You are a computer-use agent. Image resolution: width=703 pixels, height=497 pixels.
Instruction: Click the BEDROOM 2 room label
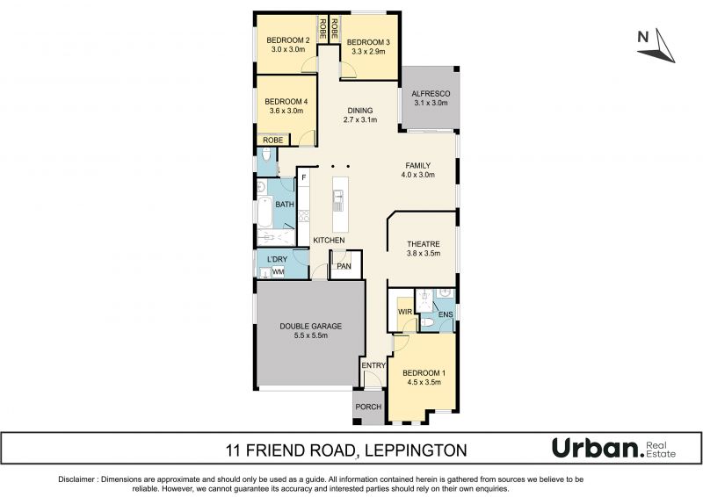click(x=288, y=40)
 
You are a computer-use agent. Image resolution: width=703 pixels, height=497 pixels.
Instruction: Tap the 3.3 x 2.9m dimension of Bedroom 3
click(x=368, y=52)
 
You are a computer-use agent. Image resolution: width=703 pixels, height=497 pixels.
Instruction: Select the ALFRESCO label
click(x=431, y=94)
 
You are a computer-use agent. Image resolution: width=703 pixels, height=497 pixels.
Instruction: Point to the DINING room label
click(x=360, y=111)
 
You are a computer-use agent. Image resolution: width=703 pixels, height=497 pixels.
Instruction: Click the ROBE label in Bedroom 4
click(x=273, y=140)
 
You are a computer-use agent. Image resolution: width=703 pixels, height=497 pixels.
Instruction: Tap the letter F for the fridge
click(x=303, y=177)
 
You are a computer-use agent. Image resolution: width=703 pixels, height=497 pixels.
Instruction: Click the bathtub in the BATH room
click(x=265, y=212)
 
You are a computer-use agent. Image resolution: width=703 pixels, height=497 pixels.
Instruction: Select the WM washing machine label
click(x=279, y=271)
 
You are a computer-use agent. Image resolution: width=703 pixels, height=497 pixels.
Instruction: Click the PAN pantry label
click(x=344, y=266)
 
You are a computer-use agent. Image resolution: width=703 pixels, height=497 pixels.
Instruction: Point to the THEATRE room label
click(x=424, y=244)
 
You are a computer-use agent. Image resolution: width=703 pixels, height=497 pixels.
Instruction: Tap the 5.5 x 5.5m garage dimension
click(x=311, y=335)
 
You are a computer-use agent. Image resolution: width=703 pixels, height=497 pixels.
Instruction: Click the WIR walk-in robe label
click(x=405, y=312)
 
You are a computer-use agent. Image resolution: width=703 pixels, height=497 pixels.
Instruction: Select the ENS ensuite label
click(x=446, y=314)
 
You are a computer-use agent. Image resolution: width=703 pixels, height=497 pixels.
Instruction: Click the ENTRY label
click(x=373, y=365)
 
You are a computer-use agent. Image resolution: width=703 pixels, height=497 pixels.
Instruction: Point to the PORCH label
click(x=368, y=407)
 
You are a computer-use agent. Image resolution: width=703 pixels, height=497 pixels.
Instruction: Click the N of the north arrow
click(x=643, y=37)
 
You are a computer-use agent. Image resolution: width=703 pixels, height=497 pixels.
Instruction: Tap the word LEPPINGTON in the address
click(x=416, y=450)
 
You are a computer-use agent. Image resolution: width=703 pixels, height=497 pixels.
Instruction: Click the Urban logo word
click(x=596, y=448)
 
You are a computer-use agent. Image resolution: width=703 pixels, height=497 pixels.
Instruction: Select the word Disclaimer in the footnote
click(x=76, y=479)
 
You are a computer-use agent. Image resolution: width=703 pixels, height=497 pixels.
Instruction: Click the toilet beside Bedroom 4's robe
click(x=266, y=155)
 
